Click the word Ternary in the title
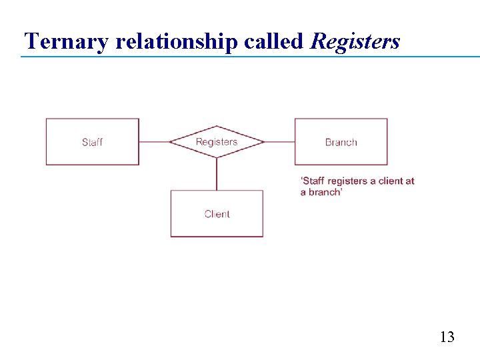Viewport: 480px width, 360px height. (x=67, y=41)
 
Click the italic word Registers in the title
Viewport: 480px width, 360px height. (x=355, y=41)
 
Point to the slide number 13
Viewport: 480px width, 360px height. (x=447, y=337)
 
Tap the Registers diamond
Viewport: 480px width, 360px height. (x=217, y=151)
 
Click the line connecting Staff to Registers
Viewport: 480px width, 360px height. (x=154, y=142)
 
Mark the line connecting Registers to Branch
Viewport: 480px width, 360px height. (x=279, y=142)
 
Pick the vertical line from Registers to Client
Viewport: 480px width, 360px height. (x=217, y=174)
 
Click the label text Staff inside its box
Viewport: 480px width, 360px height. (x=92, y=142)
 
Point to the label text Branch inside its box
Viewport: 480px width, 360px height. (x=341, y=142)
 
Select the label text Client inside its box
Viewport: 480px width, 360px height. (x=217, y=214)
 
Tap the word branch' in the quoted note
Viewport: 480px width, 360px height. (x=325, y=192)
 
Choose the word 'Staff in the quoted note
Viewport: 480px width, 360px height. (x=313, y=181)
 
